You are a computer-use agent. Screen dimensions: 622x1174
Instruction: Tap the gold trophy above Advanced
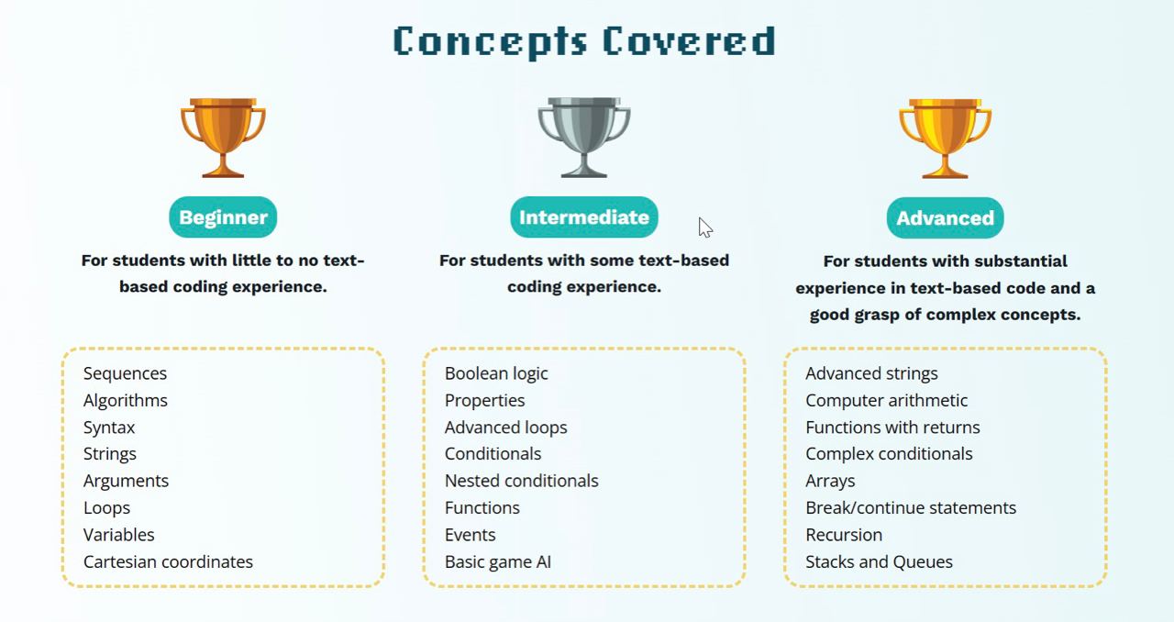tap(945, 137)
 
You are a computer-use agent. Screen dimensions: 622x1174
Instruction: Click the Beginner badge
tap(223, 217)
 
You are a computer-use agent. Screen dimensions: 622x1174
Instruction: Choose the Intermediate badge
tap(584, 217)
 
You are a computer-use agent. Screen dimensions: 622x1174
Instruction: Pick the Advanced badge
tap(945, 218)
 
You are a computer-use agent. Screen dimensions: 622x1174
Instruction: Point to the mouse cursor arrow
tap(704, 228)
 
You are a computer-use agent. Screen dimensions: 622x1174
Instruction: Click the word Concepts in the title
tap(491, 42)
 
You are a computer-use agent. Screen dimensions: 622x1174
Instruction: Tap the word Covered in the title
tap(689, 42)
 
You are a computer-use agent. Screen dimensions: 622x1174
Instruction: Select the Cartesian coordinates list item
tap(168, 561)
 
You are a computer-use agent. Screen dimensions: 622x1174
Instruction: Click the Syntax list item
tap(109, 428)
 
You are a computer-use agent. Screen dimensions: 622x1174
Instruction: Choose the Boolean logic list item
tap(496, 373)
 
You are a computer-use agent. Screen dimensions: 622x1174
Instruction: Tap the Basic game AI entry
tap(498, 561)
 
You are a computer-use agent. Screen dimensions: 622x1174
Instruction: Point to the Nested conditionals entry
tap(521, 481)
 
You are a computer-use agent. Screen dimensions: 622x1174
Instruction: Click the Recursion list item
tap(844, 535)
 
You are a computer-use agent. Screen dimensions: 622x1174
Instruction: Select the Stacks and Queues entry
tap(879, 561)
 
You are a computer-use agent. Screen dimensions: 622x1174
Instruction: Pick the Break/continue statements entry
tap(911, 507)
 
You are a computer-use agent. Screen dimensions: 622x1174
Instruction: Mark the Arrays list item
tap(830, 481)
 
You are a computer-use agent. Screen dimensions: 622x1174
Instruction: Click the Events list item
tap(470, 535)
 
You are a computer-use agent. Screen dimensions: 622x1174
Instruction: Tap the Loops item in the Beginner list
tap(106, 507)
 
